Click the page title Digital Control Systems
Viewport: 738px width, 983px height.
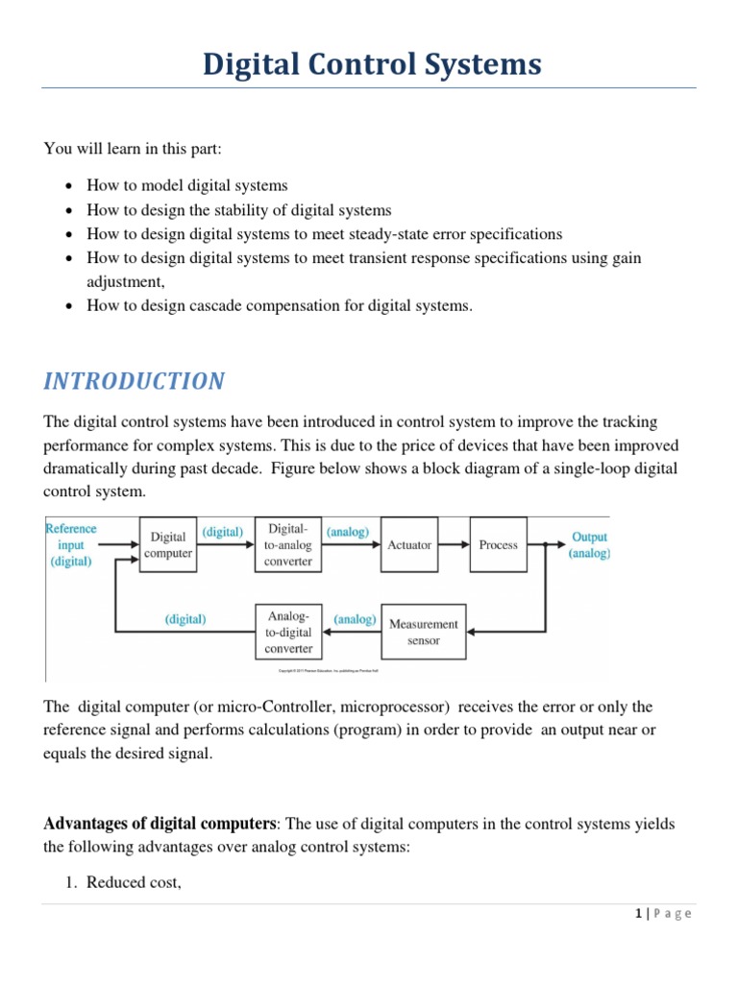coord(371,64)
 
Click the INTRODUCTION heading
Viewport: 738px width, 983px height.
coord(135,381)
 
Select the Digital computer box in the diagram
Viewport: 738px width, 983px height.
coord(168,544)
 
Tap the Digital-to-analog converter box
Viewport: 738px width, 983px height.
coord(288,544)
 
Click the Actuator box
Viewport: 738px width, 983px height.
coord(409,544)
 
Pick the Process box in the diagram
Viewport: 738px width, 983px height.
coord(498,544)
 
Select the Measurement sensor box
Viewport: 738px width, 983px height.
coord(424,632)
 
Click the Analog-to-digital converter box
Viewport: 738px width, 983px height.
coord(288,633)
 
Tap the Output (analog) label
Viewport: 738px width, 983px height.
coord(589,544)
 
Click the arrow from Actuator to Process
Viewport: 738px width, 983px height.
coord(454,544)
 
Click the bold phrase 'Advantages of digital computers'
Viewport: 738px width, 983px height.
coord(160,823)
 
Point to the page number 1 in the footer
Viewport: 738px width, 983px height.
coord(638,914)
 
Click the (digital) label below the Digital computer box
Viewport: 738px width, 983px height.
coord(185,619)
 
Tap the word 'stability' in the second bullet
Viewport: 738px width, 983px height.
coord(229,210)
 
